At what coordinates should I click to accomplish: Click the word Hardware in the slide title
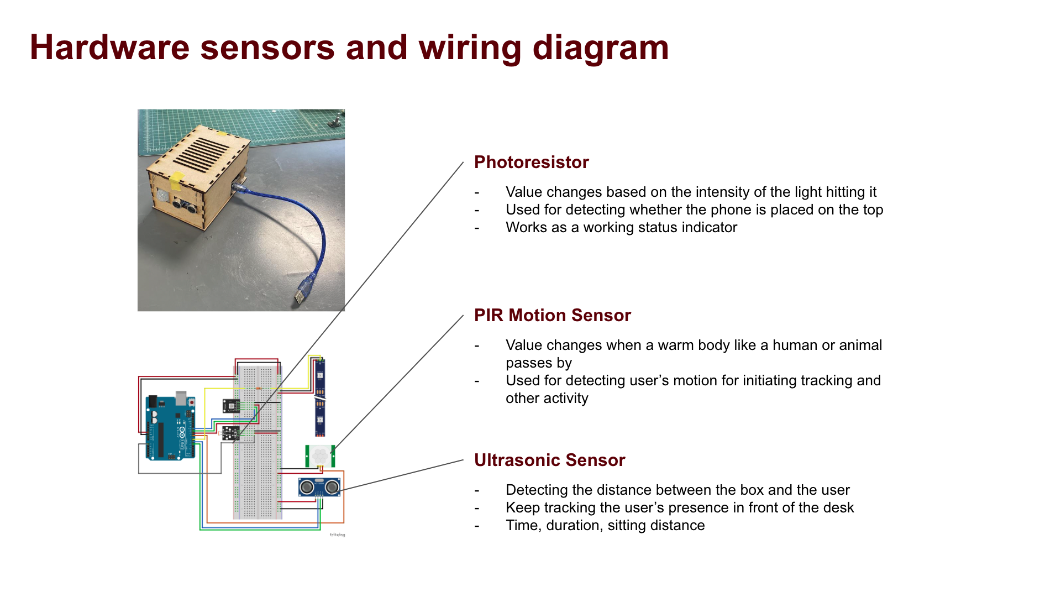point(109,48)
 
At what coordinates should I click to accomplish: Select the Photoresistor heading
point(531,162)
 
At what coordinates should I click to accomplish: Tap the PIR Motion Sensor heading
point(552,315)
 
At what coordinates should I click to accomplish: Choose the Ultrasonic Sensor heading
point(549,460)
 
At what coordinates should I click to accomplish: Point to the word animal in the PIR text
point(855,345)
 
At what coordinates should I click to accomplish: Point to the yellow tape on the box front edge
point(176,178)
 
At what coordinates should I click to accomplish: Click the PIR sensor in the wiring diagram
point(319,456)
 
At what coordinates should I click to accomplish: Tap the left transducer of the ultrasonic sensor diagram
point(307,487)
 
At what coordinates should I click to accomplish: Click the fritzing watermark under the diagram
point(337,535)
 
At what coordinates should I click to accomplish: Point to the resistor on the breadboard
point(258,389)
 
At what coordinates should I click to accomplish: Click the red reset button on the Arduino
point(191,402)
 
